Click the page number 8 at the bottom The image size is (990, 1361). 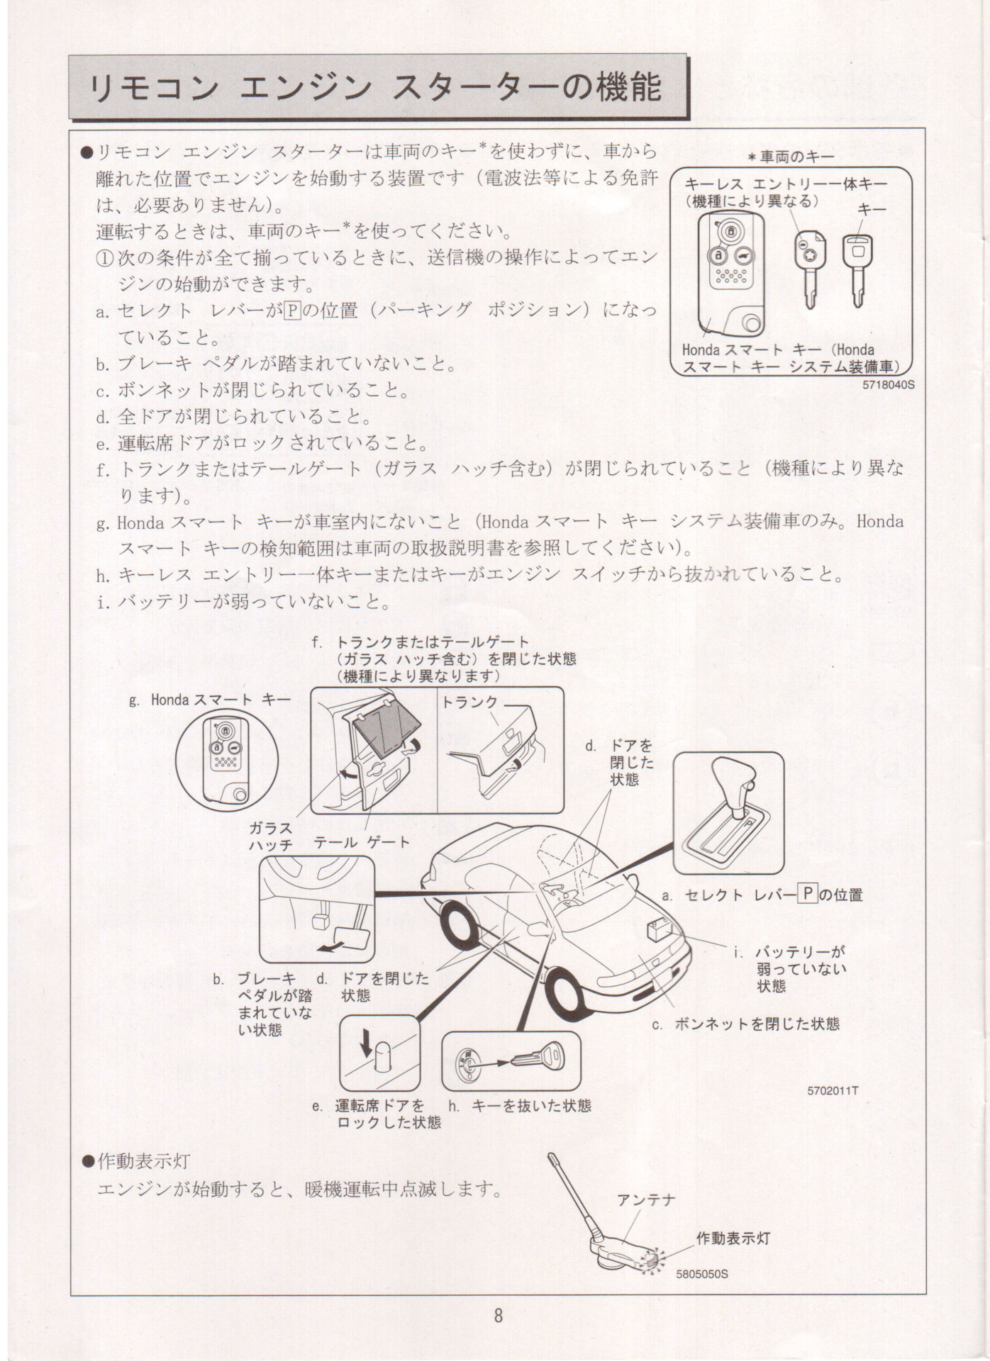click(x=498, y=1316)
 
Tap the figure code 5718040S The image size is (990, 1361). click(x=889, y=386)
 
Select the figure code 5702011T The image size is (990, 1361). click(x=833, y=1091)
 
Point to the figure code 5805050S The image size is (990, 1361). click(x=702, y=1273)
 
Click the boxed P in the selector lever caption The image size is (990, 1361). click(x=808, y=894)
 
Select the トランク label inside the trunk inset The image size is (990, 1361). click(x=470, y=702)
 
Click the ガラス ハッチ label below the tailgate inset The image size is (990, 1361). click(x=270, y=836)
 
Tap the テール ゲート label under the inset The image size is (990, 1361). click(x=362, y=842)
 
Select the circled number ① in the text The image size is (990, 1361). click(x=104, y=257)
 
